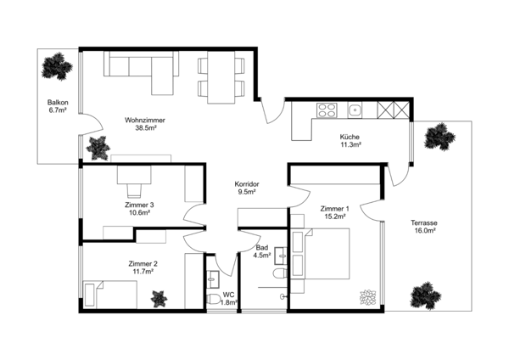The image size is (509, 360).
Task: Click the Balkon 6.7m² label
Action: click(x=58, y=105)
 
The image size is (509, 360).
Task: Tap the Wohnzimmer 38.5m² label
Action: click(x=144, y=125)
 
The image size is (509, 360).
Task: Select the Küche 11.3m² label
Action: click(x=350, y=141)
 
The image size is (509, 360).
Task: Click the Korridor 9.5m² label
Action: click(x=246, y=188)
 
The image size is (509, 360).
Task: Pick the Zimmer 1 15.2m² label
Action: click(x=334, y=212)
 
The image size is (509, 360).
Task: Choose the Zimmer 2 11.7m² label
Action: click(x=143, y=267)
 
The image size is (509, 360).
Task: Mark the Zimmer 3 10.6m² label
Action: click(x=139, y=209)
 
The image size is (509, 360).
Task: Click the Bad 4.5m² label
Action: click(x=262, y=251)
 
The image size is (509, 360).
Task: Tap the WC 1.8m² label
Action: click(x=228, y=298)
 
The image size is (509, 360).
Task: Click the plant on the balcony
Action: click(x=58, y=65)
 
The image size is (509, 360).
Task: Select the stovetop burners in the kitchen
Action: click(x=327, y=110)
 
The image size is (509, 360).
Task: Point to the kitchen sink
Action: click(x=355, y=110)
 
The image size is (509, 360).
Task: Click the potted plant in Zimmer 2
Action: click(x=159, y=298)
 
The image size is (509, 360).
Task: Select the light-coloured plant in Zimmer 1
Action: click(x=367, y=298)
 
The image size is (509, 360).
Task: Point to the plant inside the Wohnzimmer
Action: click(x=98, y=147)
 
